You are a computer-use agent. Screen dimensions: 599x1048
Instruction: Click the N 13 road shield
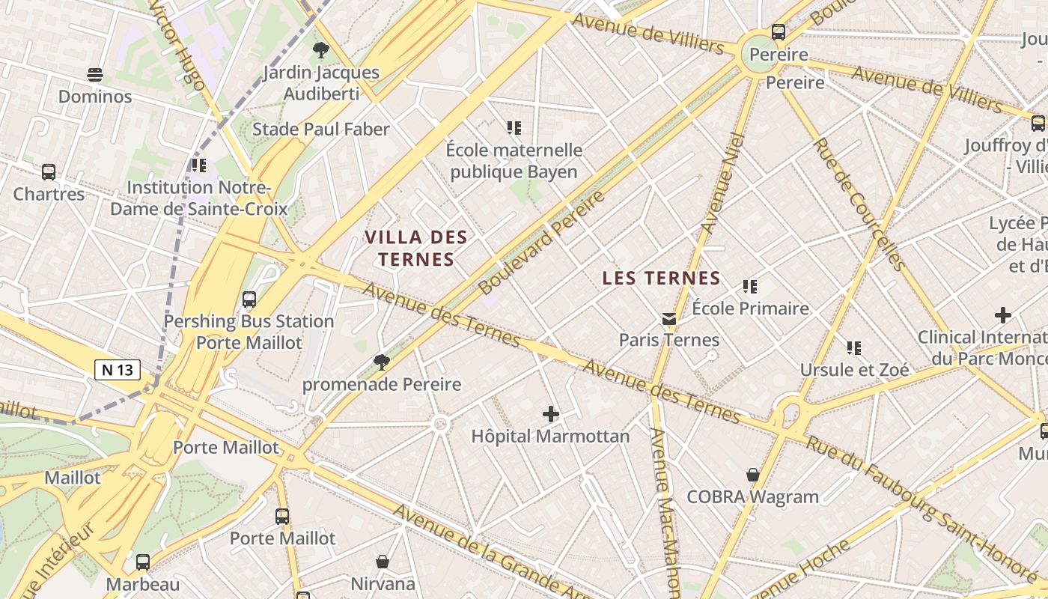[118, 369]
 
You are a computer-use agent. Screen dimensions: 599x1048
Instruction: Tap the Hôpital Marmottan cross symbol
[551, 413]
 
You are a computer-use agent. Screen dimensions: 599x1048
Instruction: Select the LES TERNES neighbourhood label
[661, 279]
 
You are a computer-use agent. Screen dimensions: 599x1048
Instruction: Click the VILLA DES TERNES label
[416, 249]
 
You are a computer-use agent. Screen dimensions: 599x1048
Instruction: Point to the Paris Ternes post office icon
[669, 319]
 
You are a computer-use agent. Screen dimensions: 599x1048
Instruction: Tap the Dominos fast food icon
[95, 74]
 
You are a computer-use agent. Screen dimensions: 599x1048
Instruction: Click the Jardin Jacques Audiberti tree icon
[321, 50]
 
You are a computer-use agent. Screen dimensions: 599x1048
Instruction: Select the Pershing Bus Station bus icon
[249, 299]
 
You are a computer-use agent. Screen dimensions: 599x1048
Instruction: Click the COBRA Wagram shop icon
[753, 475]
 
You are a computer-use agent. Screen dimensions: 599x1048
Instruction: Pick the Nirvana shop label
[383, 583]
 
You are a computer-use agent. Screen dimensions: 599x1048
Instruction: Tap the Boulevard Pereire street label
[541, 242]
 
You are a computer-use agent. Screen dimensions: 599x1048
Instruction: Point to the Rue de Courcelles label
[859, 203]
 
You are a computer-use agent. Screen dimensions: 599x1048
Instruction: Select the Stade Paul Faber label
[321, 130]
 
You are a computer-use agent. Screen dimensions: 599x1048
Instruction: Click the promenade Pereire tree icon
[382, 362]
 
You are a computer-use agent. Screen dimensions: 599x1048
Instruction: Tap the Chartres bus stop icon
[49, 172]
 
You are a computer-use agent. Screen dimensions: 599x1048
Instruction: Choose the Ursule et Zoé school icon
[854, 347]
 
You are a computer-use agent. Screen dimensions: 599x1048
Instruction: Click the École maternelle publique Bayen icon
[514, 128]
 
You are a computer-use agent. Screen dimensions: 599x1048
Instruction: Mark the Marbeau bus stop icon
[143, 562]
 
